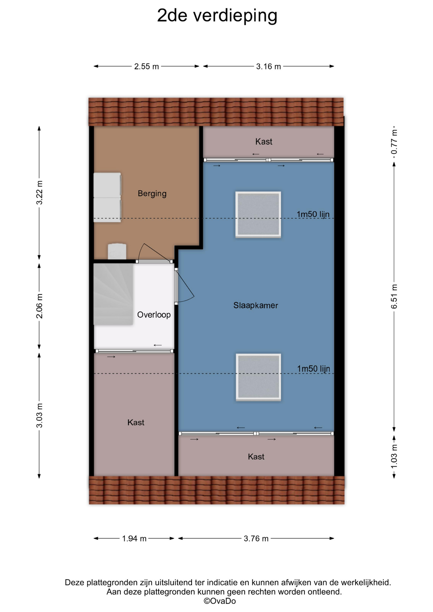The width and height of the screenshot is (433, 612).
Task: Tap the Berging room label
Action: pos(152,193)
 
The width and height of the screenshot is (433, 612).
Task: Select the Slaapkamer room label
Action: pos(256,305)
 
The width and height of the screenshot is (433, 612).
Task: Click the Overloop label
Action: pos(154,315)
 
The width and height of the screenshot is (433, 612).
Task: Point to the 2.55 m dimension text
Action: pos(146,67)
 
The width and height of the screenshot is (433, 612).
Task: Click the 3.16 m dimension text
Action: pos(268,67)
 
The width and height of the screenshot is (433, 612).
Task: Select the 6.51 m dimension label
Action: pos(394,296)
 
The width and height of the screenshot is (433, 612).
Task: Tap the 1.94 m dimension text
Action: pos(134,539)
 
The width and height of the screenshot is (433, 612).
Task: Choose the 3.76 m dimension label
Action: pos(256,539)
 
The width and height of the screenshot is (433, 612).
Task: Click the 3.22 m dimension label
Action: pos(39,193)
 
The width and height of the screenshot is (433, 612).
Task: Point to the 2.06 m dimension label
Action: pos(39,306)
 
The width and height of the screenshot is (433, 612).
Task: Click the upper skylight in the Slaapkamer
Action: pos(258,215)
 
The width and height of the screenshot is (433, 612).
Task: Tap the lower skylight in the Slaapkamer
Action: pos(258,377)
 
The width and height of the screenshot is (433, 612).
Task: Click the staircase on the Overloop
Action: pos(113,294)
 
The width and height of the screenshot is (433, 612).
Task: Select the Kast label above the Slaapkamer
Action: pos(264,142)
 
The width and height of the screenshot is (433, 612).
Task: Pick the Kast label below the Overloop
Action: pos(136,423)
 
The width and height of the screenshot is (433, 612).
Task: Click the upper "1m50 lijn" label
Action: pos(313,214)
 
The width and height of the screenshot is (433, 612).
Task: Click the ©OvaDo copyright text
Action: pos(220,601)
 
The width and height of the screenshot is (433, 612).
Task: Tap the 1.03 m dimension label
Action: pos(394,456)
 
